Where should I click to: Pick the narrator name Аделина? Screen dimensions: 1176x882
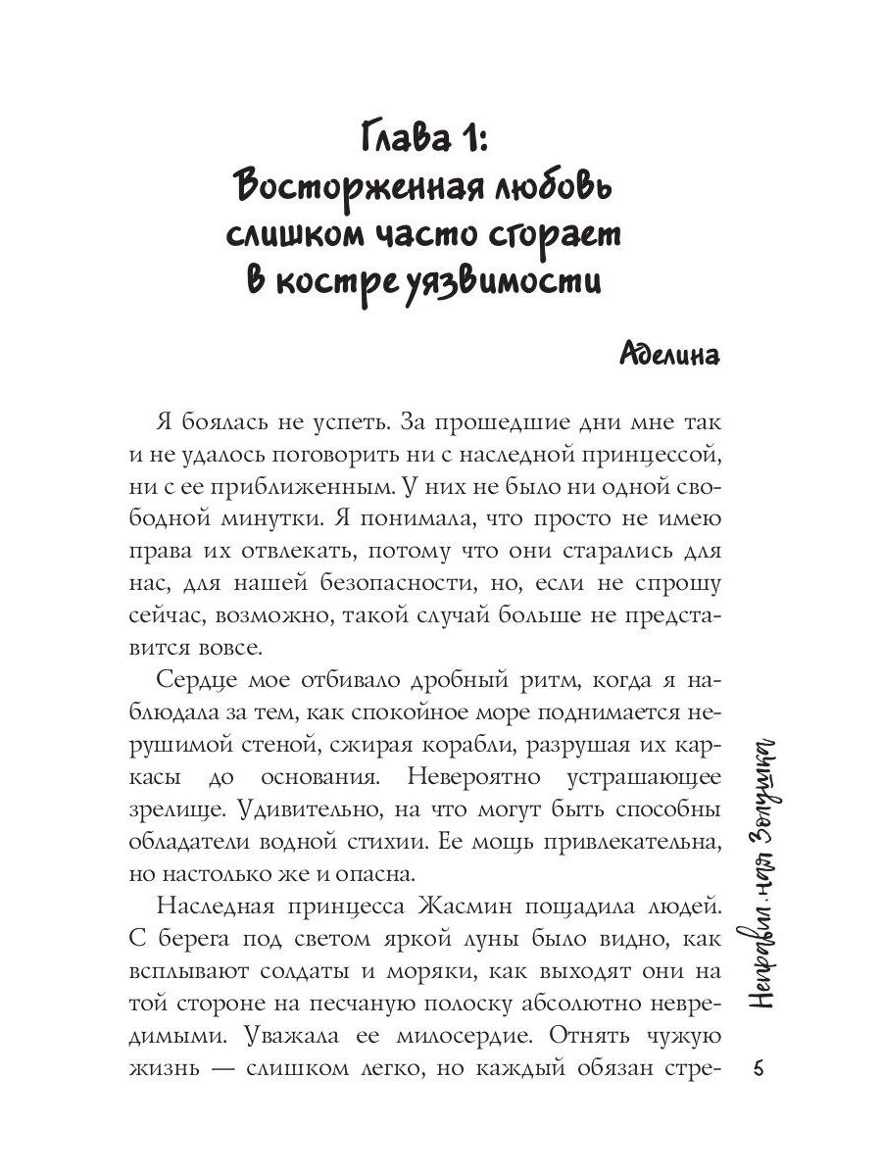pos(670,354)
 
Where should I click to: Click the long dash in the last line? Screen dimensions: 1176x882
pos(231,1069)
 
